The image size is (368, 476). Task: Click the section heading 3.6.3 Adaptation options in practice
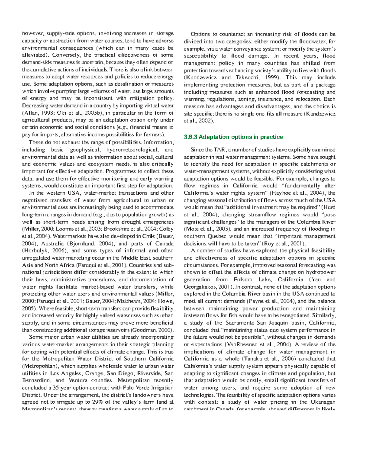[x=233, y=137]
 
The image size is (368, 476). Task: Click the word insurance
[x=270, y=99]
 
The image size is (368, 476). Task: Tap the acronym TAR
[x=220, y=150]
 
